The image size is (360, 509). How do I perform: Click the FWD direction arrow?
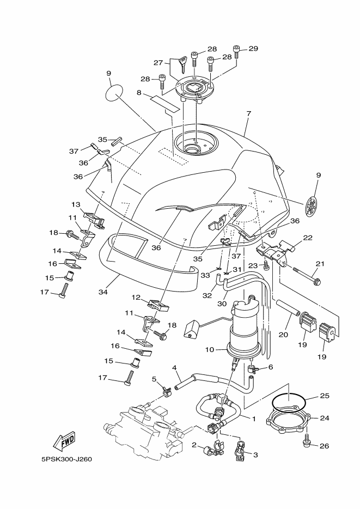pyautogui.click(x=64, y=441)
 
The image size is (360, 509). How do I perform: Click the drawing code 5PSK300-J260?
pyautogui.click(x=67, y=459)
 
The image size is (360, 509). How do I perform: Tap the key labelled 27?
pyautogui.click(x=182, y=64)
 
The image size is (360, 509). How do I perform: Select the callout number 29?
pyautogui.click(x=253, y=49)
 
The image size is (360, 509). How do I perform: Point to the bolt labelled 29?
pyautogui.click(x=236, y=52)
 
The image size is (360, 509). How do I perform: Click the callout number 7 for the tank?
pyautogui.click(x=248, y=114)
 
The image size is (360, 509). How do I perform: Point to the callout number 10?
pyautogui.click(x=210, y=350)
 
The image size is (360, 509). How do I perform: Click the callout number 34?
pyautogui.click(x=103, y=292)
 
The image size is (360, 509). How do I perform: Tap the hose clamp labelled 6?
pyautogui.click(x=252, y=369)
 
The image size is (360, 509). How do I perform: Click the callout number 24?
pyautogui.click(x=324, y=418)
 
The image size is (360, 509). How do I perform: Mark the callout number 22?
pyautogui.click(x=308, y=238)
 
